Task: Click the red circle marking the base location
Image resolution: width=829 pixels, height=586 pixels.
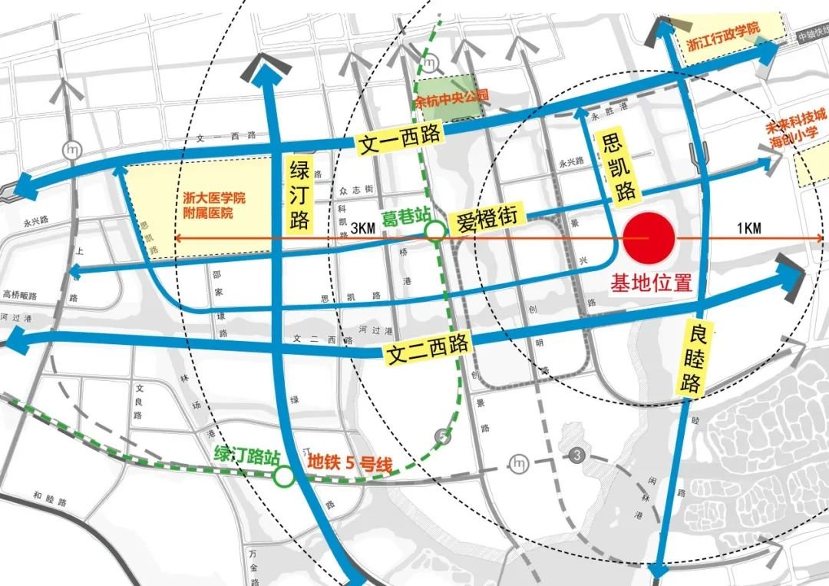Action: pos(649,238)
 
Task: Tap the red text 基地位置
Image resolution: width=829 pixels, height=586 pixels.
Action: pos(651,283)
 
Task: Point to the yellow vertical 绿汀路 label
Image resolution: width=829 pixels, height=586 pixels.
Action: pos(299,195)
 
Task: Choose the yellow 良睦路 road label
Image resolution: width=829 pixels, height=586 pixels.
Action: pos(692,358)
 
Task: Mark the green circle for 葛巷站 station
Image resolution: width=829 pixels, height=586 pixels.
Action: pos(435,230)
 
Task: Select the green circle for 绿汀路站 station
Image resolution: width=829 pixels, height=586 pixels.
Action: pos(284,477)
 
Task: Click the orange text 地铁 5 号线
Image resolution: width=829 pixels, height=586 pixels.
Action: pos(350,464)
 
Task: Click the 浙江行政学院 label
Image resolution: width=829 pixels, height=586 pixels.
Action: pos(721,28)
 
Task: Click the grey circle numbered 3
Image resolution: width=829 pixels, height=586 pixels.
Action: pos(576,455)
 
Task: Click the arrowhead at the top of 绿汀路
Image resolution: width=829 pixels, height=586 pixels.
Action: pos(265,70)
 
